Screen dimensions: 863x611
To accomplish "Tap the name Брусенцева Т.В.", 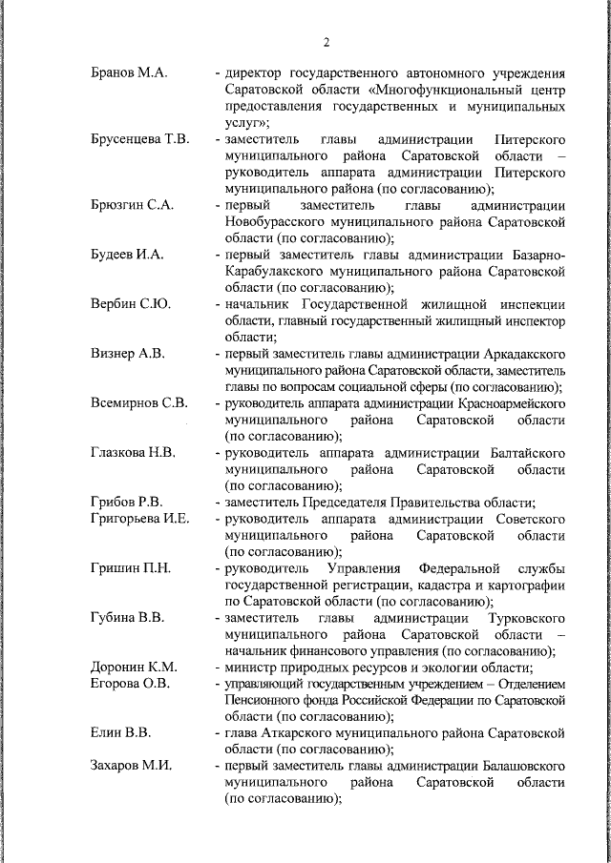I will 139,139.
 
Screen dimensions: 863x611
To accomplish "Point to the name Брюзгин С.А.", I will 133,206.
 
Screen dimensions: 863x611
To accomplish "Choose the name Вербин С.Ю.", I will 131,304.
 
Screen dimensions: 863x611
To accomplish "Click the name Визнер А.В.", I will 128,354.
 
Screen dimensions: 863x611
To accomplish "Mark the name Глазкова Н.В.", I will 133,453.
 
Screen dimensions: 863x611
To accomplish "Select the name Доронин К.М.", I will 135,668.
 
